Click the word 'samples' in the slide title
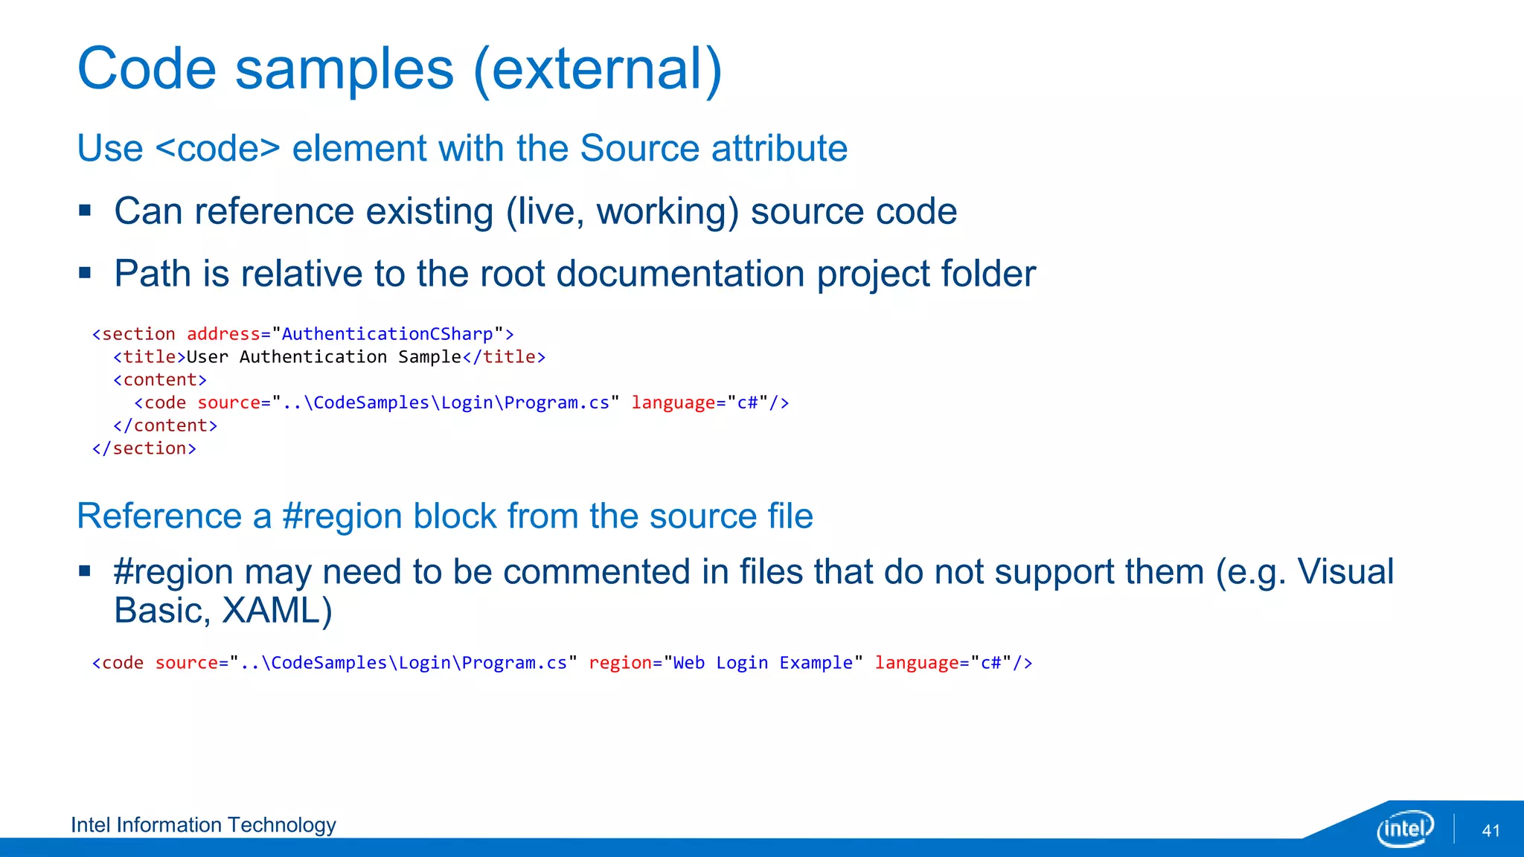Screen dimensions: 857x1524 coord(344,69)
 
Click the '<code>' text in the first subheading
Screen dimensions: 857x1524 coord(218,148)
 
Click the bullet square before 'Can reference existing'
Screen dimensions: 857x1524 coord(85,211)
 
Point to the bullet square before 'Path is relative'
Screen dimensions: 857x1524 coord(85,273)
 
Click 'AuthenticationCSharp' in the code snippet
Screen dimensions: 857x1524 coord(387,334)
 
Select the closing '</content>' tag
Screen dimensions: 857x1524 coord(165,426)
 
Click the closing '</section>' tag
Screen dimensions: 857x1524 coord(144,449)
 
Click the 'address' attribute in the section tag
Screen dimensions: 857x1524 coord(223,334)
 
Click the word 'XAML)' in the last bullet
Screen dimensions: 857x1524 coord(277,611)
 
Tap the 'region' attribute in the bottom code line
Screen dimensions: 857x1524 coord(619,663)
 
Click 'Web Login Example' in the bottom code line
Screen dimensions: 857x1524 coord(763,663)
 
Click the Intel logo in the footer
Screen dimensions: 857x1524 coord(1404,828)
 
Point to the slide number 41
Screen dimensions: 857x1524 coord(1491,831)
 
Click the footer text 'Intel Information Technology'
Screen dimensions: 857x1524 coord(203,825)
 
